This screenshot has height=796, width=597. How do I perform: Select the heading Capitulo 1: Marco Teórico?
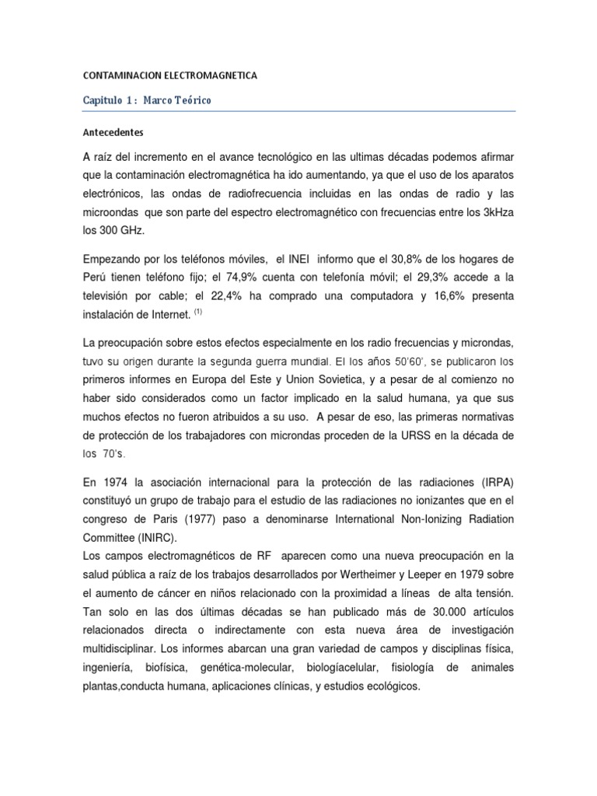coord(147,101)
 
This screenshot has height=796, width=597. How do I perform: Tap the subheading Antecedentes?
coord(114,132)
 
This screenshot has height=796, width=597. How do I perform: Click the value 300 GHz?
coord(125,230)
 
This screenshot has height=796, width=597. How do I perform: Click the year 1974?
coord(113,479)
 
